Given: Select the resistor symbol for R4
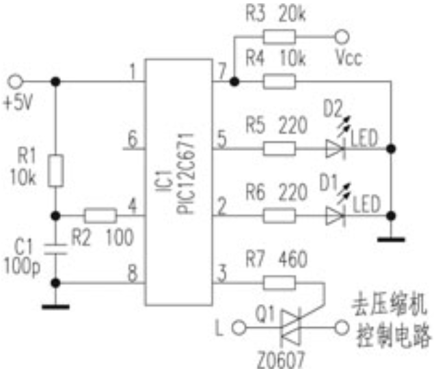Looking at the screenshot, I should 280,82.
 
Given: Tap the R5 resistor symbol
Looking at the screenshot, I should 280,147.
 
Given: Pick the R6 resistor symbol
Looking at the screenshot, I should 280,216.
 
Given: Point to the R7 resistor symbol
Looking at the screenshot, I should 280,282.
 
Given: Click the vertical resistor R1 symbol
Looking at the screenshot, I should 56,171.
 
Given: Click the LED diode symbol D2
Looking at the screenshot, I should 334,147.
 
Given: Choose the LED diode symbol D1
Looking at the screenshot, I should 334,216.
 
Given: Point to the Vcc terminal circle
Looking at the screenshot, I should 340,38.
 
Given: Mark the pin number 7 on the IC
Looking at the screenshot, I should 221,71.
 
